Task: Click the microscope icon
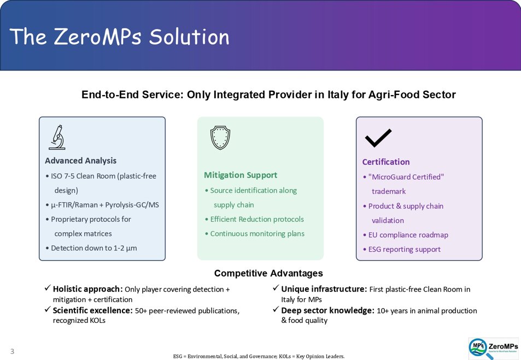tap(57, 137)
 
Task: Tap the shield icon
tap(220, 138)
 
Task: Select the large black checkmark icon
tap(378, 138)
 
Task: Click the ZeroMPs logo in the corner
tap(494, 349)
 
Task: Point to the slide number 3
tap(12, 351)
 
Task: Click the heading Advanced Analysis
tap(81, 161)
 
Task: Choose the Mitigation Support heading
tap(241, 175)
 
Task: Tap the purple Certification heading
tap(386, 162)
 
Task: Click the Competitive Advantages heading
tap(268, 273)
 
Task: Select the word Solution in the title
tap(189, 37)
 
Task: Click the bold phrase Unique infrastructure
tap(324, 290)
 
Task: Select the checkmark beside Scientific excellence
tap(48, 310)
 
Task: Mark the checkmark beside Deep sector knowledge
tap(276, 310)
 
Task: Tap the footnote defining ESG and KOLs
tap(259, 356)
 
